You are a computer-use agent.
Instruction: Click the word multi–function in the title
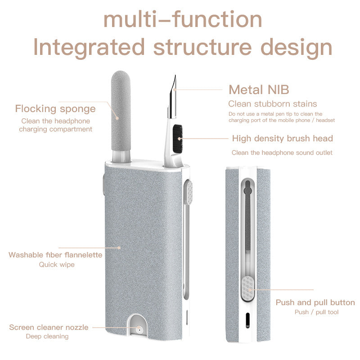pos(182,20)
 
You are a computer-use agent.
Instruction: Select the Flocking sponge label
pos(55,108)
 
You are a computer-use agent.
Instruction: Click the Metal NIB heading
pos(259,89)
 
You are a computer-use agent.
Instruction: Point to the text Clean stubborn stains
pos(272,104)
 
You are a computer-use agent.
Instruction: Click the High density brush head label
pos(282,138)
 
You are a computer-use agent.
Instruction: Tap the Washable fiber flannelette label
pos(55,255)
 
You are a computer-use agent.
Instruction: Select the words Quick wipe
pos(57,265)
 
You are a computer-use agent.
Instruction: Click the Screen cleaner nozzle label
pos(49,327)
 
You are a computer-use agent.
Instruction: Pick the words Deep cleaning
pos(47,336)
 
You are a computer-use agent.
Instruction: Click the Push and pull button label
pos(315,302)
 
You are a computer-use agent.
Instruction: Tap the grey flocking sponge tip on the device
pos(121,108)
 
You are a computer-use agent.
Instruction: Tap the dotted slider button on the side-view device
pos(247,288)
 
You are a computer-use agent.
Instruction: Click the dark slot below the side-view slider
pos(247,320)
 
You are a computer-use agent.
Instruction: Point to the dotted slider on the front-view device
pos(188,192)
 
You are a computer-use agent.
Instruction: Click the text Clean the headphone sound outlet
pos(282,153)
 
